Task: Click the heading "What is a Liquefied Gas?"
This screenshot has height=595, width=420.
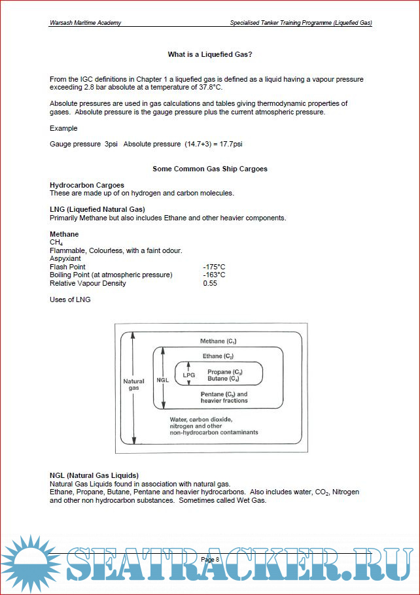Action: click(210, 54)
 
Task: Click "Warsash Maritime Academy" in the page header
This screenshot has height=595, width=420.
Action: click(85, 23)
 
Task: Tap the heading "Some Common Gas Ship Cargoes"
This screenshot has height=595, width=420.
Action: click(210, 169)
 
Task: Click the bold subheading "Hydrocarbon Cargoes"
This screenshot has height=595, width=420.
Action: click(87, 185)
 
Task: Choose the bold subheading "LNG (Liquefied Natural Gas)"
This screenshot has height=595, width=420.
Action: click(97, 209)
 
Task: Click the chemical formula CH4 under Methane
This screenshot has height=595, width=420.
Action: click(56, 243)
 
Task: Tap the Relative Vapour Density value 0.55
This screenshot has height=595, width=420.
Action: click(210, 283)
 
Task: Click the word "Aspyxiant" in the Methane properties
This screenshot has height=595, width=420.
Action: click(65, 259)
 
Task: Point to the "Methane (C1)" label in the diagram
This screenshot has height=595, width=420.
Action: click(218, 342)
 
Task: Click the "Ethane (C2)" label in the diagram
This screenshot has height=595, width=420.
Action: click(218, 356)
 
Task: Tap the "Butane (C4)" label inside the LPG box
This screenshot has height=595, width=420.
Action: click(223, 379)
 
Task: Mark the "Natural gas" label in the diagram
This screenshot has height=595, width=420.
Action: click(134, 384)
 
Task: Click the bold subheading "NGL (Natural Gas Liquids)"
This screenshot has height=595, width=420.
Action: click(94, 475)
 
